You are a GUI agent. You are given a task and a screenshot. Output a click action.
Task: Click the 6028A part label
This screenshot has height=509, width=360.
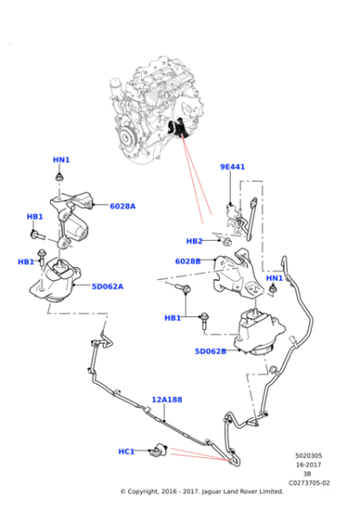tap(122, 206)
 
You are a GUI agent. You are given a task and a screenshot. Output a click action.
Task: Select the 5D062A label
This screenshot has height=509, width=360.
tap(107, 286)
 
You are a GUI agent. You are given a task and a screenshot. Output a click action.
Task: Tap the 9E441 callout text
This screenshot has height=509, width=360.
tap(233, 167)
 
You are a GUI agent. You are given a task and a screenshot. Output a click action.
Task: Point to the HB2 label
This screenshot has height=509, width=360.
tap(194, 241)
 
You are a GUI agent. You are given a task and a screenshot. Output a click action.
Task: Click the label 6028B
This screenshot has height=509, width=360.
tap(187, 261)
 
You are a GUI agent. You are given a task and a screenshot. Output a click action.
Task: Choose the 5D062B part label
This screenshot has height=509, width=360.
tap(210, 351)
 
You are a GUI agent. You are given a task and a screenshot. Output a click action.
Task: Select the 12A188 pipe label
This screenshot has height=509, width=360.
tap(166, 399)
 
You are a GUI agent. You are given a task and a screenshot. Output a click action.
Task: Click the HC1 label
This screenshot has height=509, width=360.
tap(126, 451)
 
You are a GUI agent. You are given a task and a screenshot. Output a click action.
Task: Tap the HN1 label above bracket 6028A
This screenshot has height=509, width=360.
tap(61, 161)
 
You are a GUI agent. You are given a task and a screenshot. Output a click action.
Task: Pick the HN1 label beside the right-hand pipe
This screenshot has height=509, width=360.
tap(275, 278)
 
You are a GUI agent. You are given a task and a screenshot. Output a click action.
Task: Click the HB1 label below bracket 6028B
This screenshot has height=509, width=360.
tap(173, 318)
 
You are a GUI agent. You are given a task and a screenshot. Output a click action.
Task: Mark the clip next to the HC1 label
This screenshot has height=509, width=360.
tap(159, 449)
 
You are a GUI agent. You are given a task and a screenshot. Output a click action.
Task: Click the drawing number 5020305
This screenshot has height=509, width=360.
tap(309, 455)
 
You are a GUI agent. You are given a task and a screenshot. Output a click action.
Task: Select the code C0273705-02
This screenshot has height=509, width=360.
tap(309, 483)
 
